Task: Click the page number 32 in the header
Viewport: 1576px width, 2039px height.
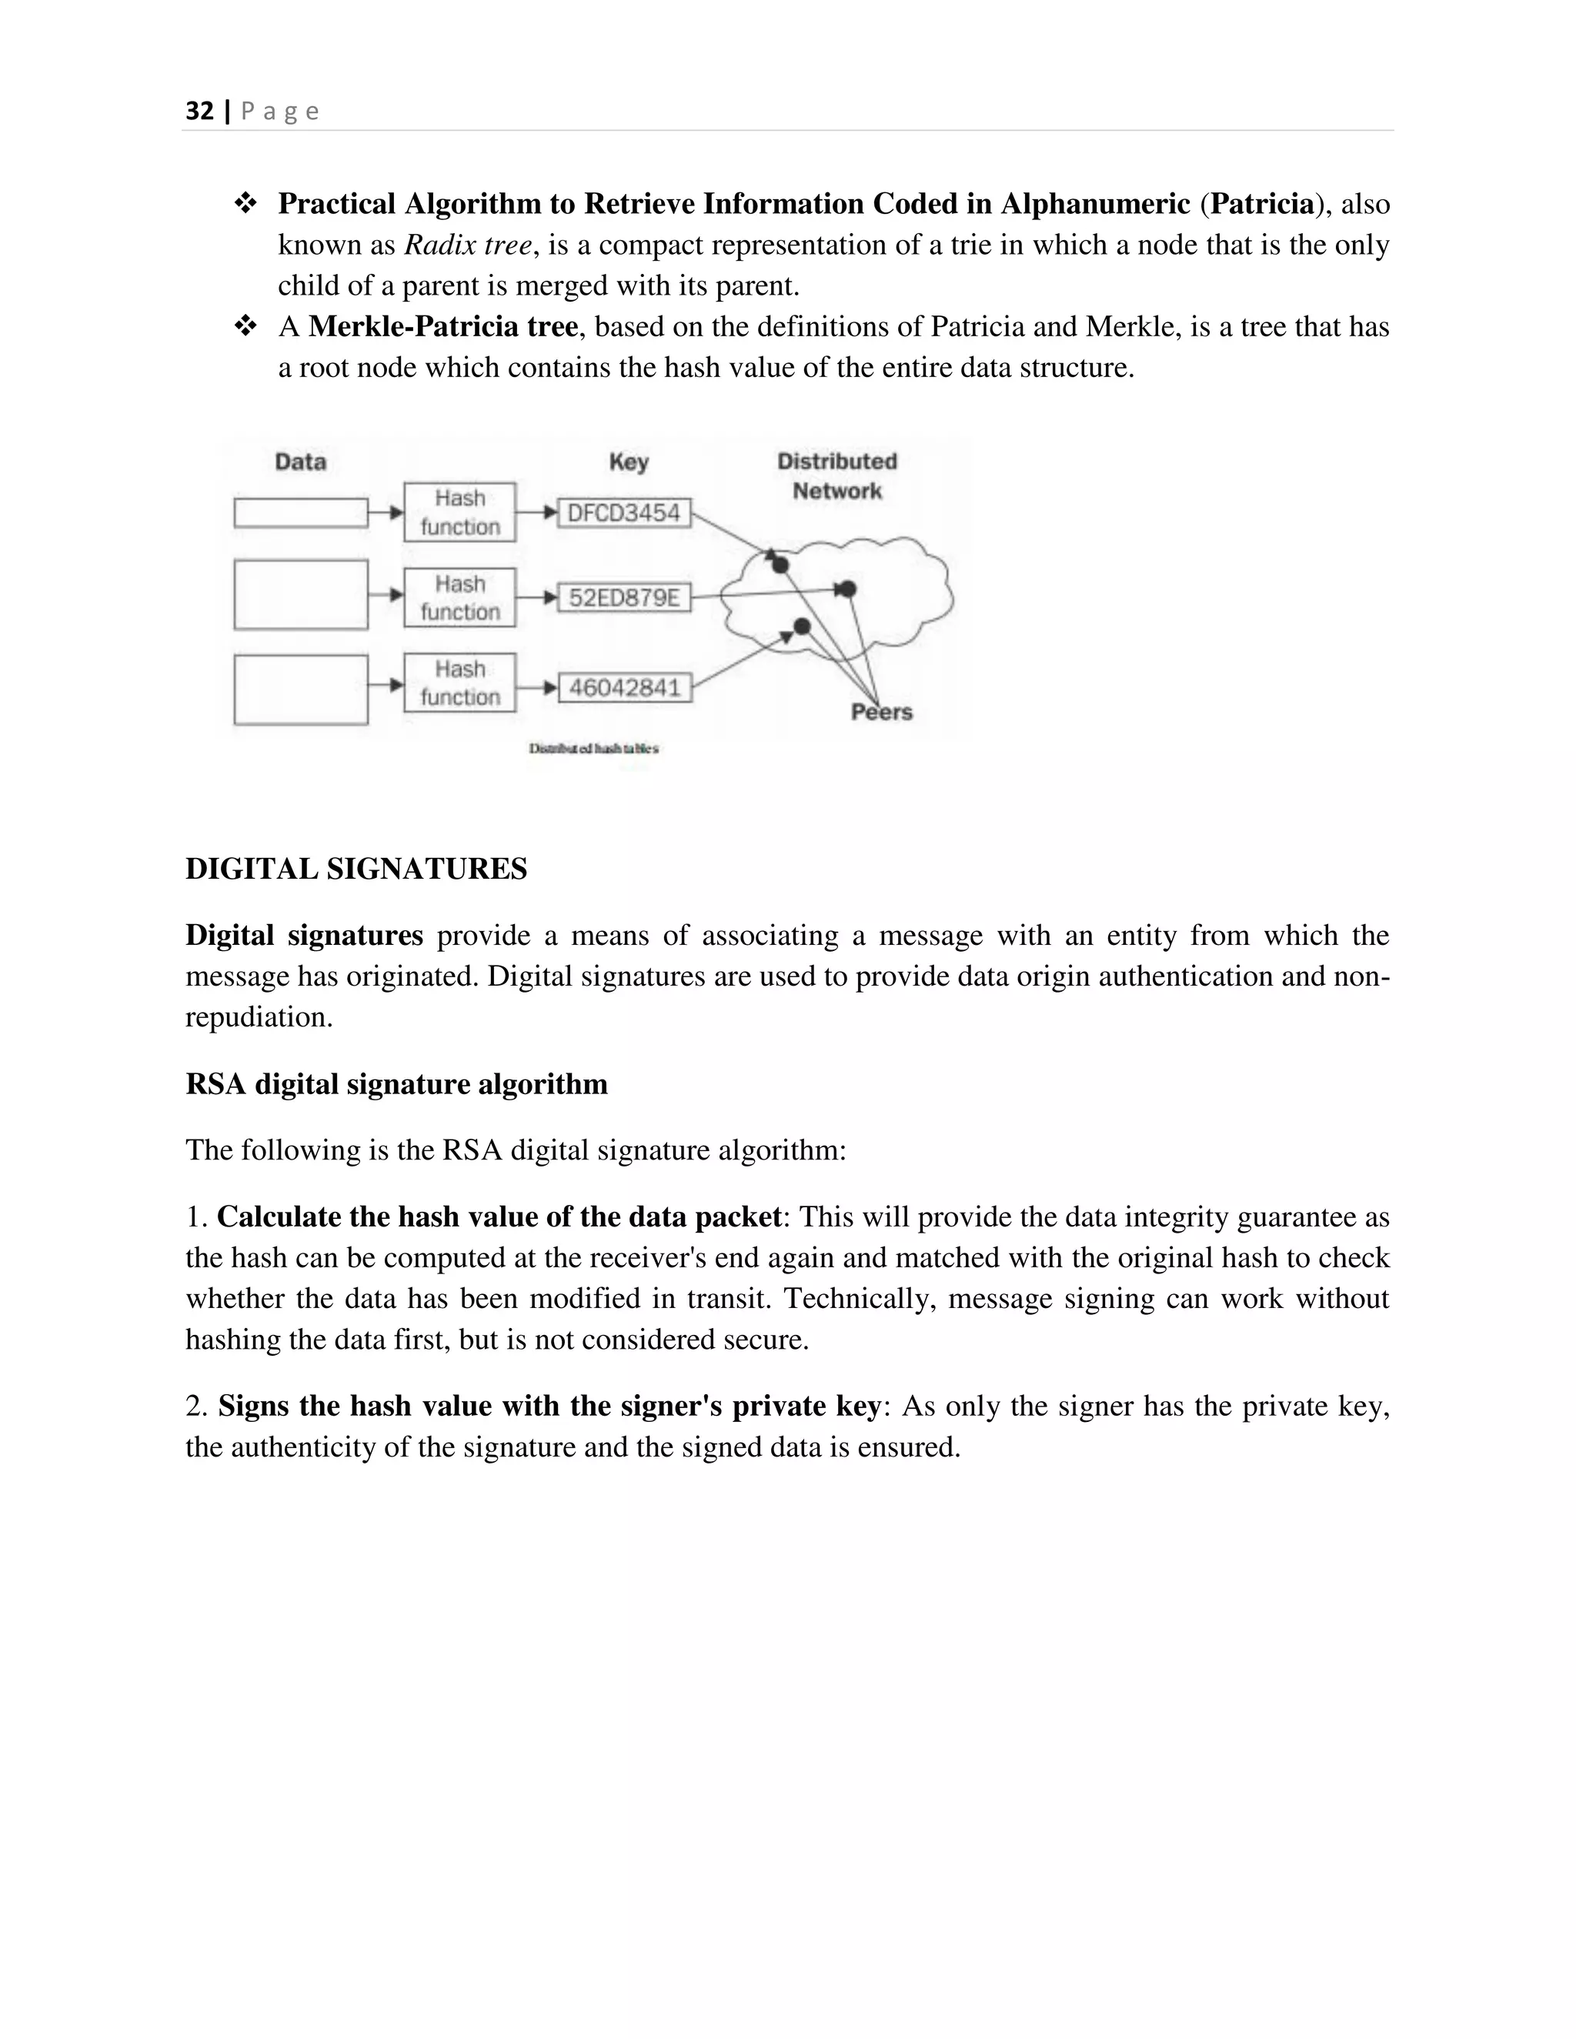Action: coord(200,111)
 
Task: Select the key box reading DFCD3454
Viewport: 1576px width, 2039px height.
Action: coord(623,512)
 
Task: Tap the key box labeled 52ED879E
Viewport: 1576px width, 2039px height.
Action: coord(623,598)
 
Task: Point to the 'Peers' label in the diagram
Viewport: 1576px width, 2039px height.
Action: coord(881,712)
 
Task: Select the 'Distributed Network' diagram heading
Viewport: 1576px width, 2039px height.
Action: coord(836,476)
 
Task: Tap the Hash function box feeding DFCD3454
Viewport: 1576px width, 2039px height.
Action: coord(459,512)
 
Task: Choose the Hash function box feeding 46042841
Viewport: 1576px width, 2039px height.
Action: coord(459,683)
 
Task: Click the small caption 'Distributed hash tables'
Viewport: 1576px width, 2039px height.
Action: coord(594,749)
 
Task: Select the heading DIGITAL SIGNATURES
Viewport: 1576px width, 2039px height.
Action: coord(356,869)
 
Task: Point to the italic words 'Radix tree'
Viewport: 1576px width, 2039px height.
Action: coord(468,245)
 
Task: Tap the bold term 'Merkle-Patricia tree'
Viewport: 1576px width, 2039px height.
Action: coord(442,327)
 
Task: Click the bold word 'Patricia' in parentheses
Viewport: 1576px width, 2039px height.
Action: coord(1261,205)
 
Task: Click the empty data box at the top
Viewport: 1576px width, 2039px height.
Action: coord(301,512)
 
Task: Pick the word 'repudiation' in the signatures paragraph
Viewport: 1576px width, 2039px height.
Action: coord(257,1016)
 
